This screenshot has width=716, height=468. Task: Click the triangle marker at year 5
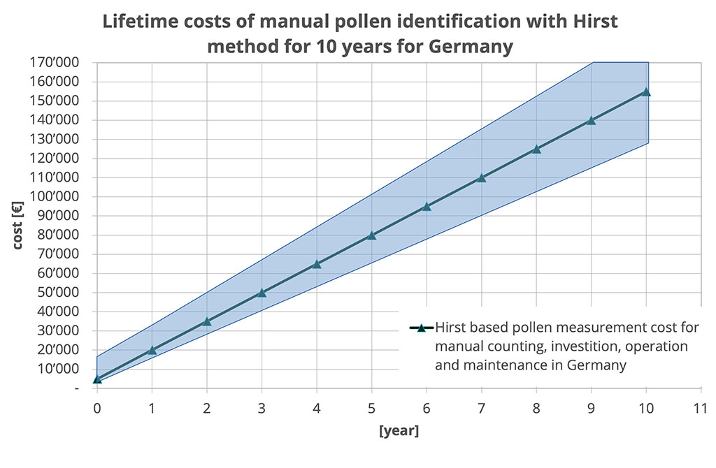point(371,235)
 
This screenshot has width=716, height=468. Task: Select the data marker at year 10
point(646,92)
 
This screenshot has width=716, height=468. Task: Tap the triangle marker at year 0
point(97,379)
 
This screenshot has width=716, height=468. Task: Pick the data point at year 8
point(536,149)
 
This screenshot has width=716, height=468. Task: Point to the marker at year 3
point(262,293)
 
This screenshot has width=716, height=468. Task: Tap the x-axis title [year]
point(399,431)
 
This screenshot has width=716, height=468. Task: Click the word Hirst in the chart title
point(596,21)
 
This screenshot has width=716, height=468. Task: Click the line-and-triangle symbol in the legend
point(421,328)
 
